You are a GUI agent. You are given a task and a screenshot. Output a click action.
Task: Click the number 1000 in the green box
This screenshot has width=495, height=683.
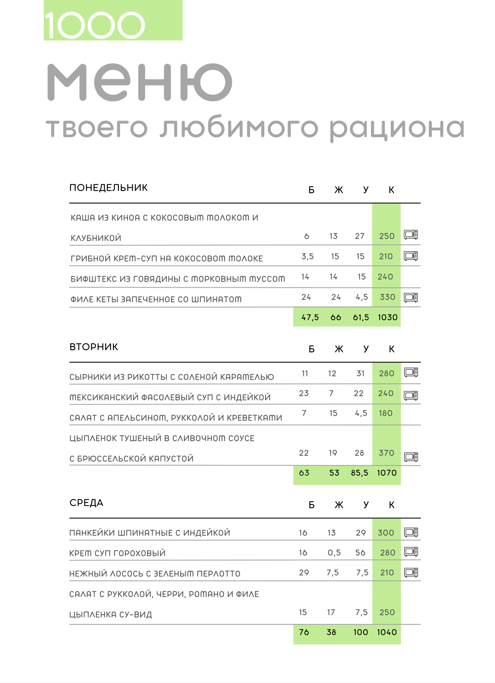click(x=95, y=25)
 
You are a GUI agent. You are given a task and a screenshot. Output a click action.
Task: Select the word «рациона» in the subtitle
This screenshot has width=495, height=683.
click(x=397, y=129)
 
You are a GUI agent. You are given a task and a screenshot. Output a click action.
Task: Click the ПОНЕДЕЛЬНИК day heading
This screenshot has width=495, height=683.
click(x=108, y=188)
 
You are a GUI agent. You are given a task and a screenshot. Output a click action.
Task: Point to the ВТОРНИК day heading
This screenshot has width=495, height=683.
click(x=94, y=347)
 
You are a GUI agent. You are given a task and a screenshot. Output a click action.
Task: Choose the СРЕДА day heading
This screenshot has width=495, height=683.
click(x=86, y=503)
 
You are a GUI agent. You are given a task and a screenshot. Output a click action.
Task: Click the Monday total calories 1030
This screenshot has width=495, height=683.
click(x=387, y=317)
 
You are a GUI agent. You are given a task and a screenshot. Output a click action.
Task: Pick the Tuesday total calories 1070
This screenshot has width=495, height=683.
click(x=387, y=473)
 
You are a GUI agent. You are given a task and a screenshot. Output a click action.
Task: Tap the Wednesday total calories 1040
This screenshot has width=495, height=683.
click(x=387, y=632)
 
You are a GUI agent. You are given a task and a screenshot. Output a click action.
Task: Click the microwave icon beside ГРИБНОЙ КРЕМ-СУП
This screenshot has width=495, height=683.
click(x=411, y=256)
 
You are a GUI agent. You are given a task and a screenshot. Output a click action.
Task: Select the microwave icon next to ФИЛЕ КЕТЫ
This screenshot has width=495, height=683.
click(x=411, y=297)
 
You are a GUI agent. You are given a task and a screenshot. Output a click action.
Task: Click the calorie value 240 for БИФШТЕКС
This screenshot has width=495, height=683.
click(x=385, y=277)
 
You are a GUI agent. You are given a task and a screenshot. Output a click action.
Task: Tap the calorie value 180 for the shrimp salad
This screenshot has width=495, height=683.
click(x=385, y=413)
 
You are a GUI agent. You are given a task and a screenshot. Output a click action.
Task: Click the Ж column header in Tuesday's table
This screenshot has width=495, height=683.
click(x=339, y=349)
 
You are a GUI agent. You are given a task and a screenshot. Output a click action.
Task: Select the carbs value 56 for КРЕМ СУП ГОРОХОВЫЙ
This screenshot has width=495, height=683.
click(x=360, y=552)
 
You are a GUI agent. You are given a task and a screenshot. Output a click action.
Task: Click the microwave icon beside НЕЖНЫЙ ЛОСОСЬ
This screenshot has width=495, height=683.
click(x=411, y=572)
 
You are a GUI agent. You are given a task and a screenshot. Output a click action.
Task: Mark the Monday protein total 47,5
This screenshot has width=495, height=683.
click(x=310, y=317)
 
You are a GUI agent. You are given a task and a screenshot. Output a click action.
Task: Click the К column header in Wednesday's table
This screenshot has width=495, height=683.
click(x=391, y=505)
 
